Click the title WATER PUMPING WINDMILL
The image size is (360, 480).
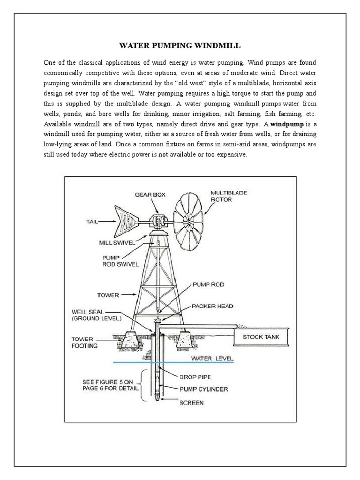point(180,46)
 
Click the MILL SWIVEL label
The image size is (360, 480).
point(117,243)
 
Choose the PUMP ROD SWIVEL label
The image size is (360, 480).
point(120,261)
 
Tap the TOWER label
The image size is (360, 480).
point(108,295)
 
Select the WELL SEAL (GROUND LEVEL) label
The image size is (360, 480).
point(96,315)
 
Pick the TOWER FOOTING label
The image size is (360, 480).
point(84,342)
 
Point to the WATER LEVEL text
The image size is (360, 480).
point(211,359)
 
